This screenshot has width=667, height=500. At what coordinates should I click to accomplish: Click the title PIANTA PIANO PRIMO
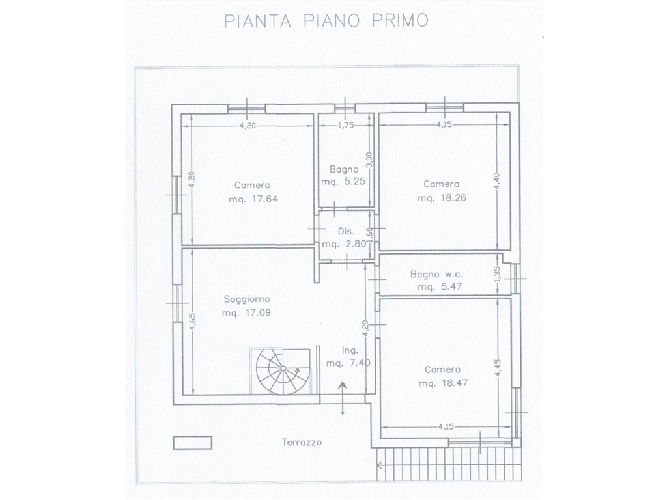[326, 20]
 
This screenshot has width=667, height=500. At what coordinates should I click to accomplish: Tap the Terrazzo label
[302, 442]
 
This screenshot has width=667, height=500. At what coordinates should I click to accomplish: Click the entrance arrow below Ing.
[343, 398]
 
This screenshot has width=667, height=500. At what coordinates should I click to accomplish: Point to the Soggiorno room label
[247, 299]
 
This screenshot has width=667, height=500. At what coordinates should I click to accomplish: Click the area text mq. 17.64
[253, 199]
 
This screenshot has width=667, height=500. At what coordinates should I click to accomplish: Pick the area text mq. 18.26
[442, 198]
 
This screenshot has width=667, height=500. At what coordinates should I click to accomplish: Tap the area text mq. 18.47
[443, 383]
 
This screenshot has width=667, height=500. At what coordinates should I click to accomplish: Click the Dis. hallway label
[345, 231]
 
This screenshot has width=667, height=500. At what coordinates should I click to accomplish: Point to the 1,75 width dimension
[346, 126]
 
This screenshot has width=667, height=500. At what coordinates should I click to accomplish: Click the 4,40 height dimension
[498, 182]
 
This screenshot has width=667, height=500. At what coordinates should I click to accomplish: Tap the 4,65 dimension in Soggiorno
[193, 322]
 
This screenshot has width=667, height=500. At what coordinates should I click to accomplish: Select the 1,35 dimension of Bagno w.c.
[498, 274]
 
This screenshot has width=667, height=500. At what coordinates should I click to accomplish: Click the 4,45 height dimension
[498, 368]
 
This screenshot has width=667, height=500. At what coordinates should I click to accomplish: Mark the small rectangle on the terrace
[193, 443]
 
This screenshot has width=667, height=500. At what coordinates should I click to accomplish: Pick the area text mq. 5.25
[343, 182]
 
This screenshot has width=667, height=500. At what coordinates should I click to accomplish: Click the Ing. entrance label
[350, 350]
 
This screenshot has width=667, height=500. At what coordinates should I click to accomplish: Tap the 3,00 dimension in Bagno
[369, 160]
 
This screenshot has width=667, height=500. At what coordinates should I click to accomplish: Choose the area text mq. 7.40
[348, 363]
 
